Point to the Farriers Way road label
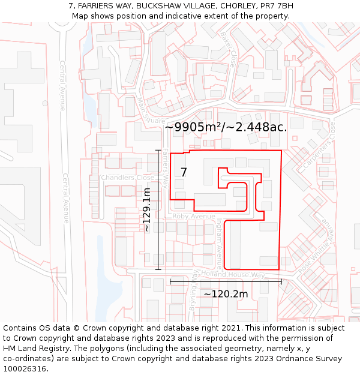pyautogui.click(x=164, y=167)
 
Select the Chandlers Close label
pyautogui.click(x=127, y=178)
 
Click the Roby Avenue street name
pyautogui.click(x=193, y=216)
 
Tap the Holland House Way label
pyautogui.click(x=233, y=275)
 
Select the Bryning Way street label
pyautogui.click(x=193, y=298)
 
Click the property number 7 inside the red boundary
pyautogui.click(x=184, y=172)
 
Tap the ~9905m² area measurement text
pyautogui.click(x=226, y=127)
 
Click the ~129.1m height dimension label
pyautogui.click(x=146, y=209)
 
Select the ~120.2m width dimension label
pyautogui.click(x=226, y=294)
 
